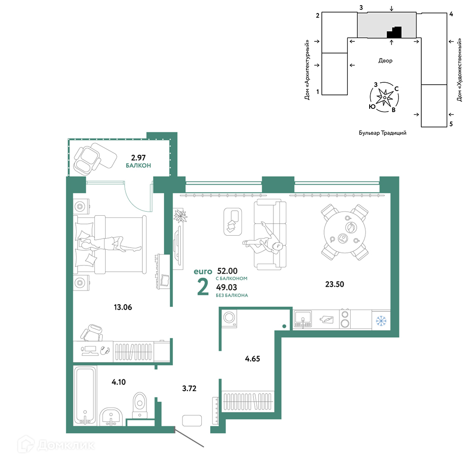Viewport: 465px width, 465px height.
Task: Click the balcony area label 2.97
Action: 138,158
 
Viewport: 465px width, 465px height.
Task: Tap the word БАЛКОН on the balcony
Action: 138,166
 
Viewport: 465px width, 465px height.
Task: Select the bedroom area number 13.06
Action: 123,307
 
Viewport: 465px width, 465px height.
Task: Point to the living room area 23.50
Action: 334,284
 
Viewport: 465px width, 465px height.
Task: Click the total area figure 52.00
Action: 227,271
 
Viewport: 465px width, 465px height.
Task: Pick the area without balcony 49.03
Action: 226,287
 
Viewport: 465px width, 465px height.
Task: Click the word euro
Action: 203,272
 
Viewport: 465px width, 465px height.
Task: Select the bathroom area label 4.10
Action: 119,382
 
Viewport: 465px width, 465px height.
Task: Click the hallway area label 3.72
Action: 189,388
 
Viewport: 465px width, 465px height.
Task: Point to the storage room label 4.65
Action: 252,359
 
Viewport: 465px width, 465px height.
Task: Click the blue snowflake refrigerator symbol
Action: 381,320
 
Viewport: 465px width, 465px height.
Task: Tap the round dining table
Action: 345,232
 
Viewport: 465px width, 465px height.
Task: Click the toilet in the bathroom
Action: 140,405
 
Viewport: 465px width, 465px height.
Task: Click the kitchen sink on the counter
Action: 303,319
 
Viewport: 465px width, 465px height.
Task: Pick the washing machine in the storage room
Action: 229,319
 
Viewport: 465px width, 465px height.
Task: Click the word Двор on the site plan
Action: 385,60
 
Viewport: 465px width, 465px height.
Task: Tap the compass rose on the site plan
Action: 385,97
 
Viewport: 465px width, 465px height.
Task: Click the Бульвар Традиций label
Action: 383,133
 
